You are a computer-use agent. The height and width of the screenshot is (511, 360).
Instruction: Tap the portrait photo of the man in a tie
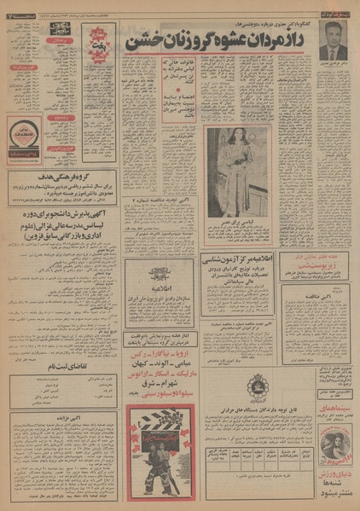coord(334,40)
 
